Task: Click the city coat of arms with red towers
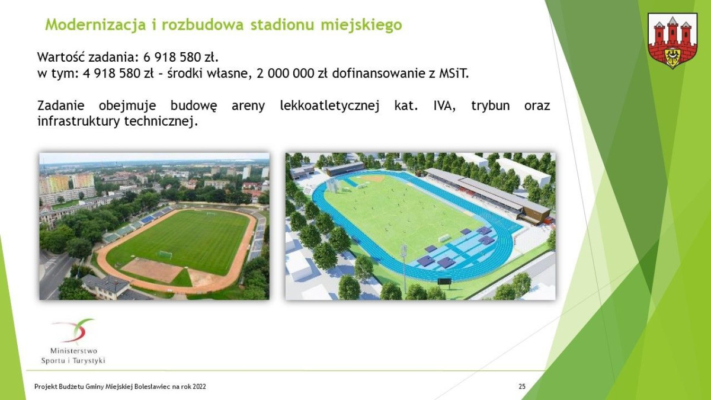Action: pos(672,40)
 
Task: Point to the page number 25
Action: pos(522,387)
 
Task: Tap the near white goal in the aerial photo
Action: pos(165,255)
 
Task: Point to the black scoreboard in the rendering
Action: pos(444,281)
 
